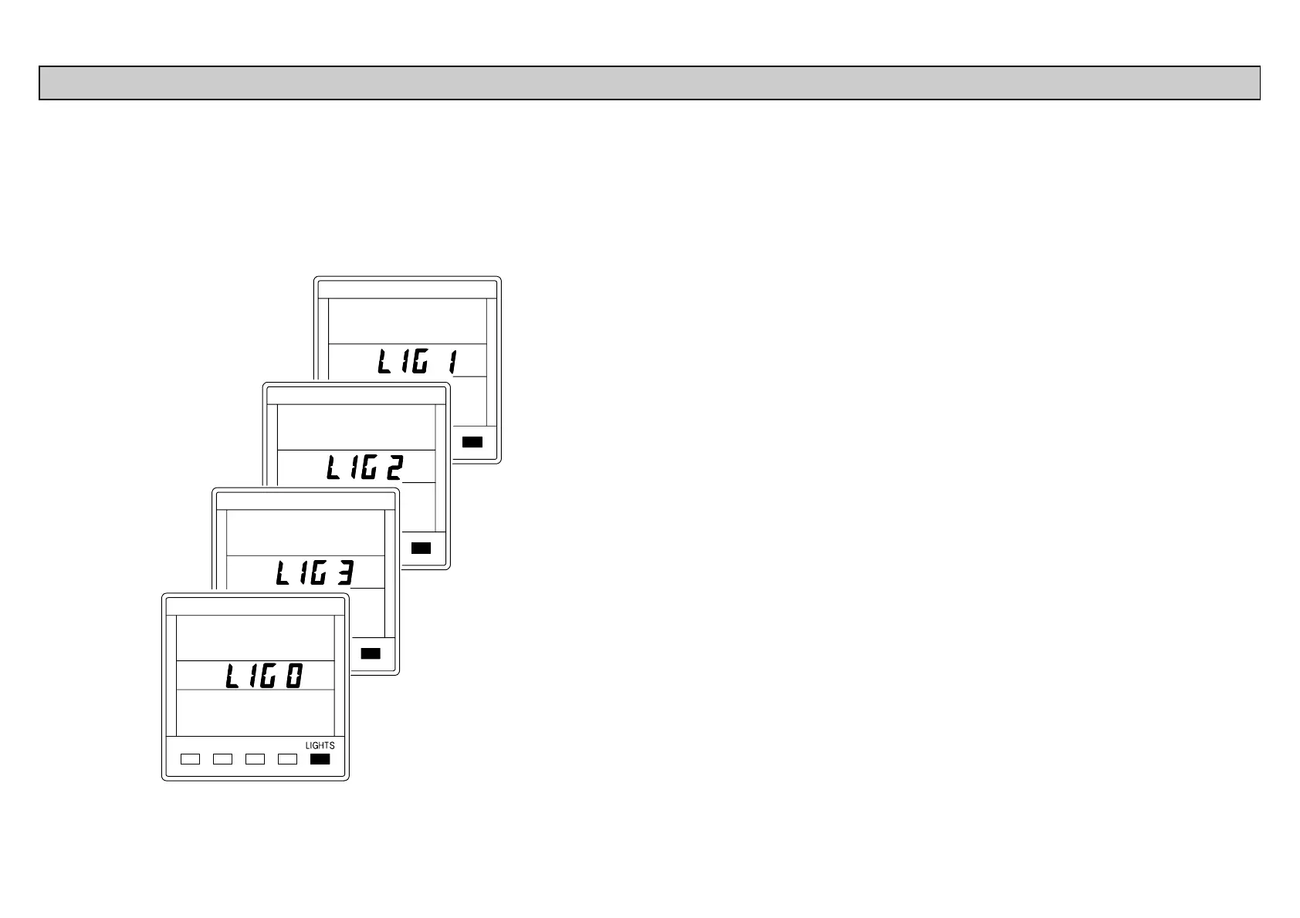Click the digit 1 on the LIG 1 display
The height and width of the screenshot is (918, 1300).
tap(451, 362)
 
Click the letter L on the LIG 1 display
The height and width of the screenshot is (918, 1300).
tap(384, 362)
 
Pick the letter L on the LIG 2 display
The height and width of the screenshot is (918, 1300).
tap(333, 467)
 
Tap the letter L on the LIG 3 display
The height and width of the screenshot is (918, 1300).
tap(283, 573)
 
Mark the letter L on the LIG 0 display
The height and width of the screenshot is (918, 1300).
tap(232, 677)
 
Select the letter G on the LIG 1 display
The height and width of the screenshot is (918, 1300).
tap(419, 362)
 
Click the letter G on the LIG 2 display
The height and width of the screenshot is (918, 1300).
tap(368, 467)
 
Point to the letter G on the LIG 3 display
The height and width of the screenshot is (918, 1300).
tap(318, 573)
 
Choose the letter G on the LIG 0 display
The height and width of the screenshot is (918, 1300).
tap(267, 677)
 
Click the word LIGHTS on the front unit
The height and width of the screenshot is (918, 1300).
tap(320, 746)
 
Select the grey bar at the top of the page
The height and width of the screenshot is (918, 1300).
tap(649, 83)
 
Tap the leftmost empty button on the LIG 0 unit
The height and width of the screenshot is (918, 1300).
tap(190, 759)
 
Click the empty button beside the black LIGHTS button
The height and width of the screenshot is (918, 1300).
tap(287, 759)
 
